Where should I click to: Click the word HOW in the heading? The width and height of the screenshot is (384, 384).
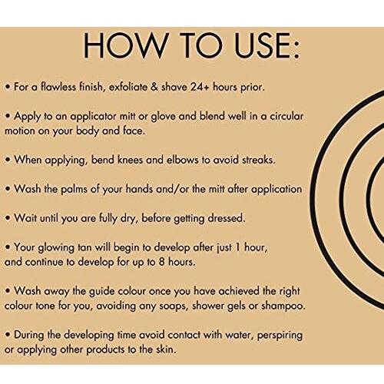click(x=126, y=45)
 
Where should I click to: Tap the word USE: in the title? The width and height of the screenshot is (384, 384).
click(x=267, y=45)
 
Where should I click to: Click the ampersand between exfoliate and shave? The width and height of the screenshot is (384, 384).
click(x=154, y=87)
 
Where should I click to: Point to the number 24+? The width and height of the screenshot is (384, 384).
click(x=200, y=87)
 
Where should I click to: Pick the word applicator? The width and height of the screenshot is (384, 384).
click(x=93, y=117)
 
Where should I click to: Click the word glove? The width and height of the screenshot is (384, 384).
click(x=163, y=117)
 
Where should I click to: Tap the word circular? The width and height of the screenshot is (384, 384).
click(x=286, y=116)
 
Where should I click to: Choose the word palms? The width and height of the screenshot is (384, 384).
click(x=74, y=190)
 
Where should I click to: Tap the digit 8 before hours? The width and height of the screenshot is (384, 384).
click(x=161, y=262)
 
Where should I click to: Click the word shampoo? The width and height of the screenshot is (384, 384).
click(x=283, y=306)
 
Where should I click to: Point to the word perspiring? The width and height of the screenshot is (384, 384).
click(x=280, y=336)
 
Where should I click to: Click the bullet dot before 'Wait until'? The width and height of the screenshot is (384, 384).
click(x=8, y=218)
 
